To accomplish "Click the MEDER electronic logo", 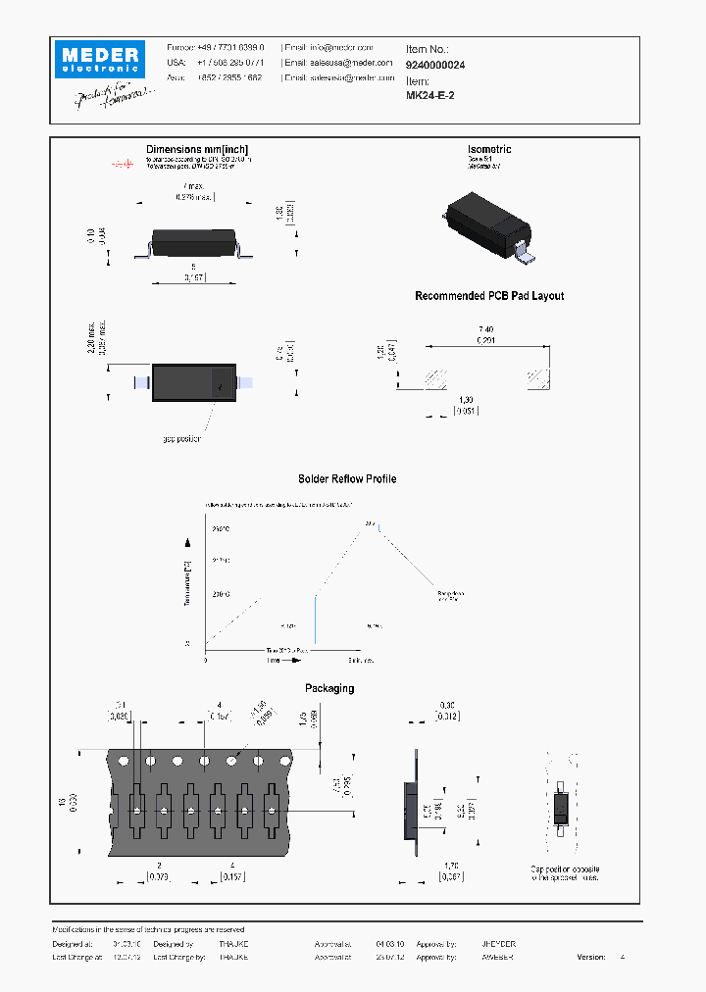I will click(x=100, y=58).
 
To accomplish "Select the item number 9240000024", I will click(x=435, y=64).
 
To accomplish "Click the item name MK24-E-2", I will click(x=429, y=96).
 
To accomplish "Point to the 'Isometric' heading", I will click(x=489, y=149).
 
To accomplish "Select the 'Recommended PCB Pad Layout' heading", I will click(x=489, y=296).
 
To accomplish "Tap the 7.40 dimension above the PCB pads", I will click(x=486, y=328).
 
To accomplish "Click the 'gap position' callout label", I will click(x=181, y=438).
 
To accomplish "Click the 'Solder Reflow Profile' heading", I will click(x=347, y=479).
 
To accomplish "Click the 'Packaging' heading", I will click(x=329, y=689).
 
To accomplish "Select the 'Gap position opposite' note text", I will click(x=566, y=869).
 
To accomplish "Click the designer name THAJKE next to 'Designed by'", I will click(x=233, y=944).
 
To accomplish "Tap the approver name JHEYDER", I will click(x=498, y=944).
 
